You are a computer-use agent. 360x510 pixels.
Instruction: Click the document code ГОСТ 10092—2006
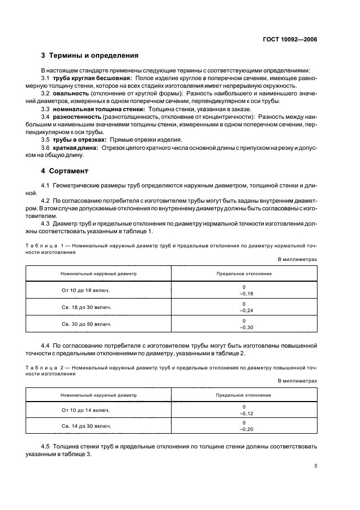[x=291, y=39]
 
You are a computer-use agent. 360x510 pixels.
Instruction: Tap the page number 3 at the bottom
[x=315, y=465]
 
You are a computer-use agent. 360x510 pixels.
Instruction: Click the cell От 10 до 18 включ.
[x=86, y=290]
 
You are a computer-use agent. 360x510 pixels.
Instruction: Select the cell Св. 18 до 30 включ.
[x=86, y=307]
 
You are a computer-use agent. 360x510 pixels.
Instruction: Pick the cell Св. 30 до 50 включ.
[x=86, y=324]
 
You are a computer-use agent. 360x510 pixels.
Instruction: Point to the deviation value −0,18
[x=243, y=294]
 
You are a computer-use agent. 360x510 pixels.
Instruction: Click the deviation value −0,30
[x=243, y=327]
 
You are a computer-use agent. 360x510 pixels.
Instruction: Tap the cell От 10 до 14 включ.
[x=86, y=409]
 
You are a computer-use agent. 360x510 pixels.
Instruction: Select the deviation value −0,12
[x=243, y=413]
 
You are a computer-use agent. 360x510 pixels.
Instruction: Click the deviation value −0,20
[x=243, y=429]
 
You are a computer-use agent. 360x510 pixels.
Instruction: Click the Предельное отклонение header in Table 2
[x=243, y=394]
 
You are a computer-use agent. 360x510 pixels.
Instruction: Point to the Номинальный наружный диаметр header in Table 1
[x=99, y=274]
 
